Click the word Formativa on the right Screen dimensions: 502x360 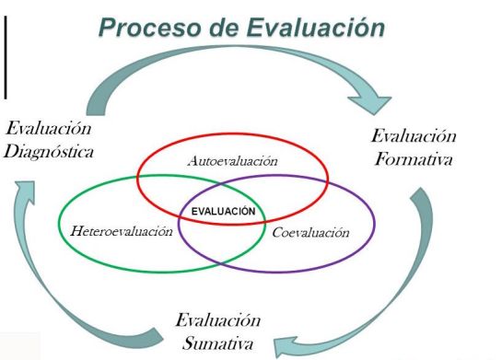pyautogui.click(x=414, y=157)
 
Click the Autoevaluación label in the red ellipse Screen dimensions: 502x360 pyautogui.click(x=232, y=161)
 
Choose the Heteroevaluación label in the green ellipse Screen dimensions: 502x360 pyautogui.click(x=121, y=230)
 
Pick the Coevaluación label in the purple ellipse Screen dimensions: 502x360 pyautogui.click(x=310, y=231)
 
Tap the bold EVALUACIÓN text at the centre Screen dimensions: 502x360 pyautogui.click(x=222, y=211)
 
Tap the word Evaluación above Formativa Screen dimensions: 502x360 pyautogui.click(x=414, y=136)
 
